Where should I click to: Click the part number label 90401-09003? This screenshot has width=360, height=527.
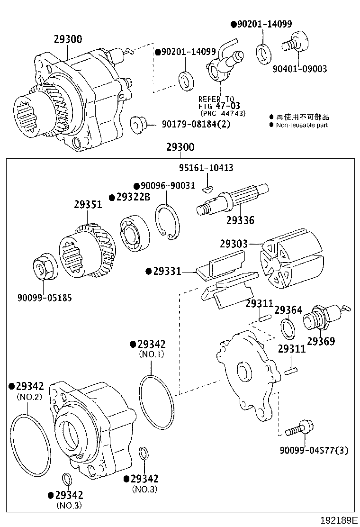click(x=299, y=69)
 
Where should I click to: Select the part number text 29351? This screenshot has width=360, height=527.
click(x=88, y=205)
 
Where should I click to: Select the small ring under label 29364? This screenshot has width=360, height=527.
click(x=287, y=327)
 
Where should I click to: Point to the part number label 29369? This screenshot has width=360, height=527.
click(x=321, y=341)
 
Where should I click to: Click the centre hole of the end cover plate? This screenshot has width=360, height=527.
click(x=244, y=372)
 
